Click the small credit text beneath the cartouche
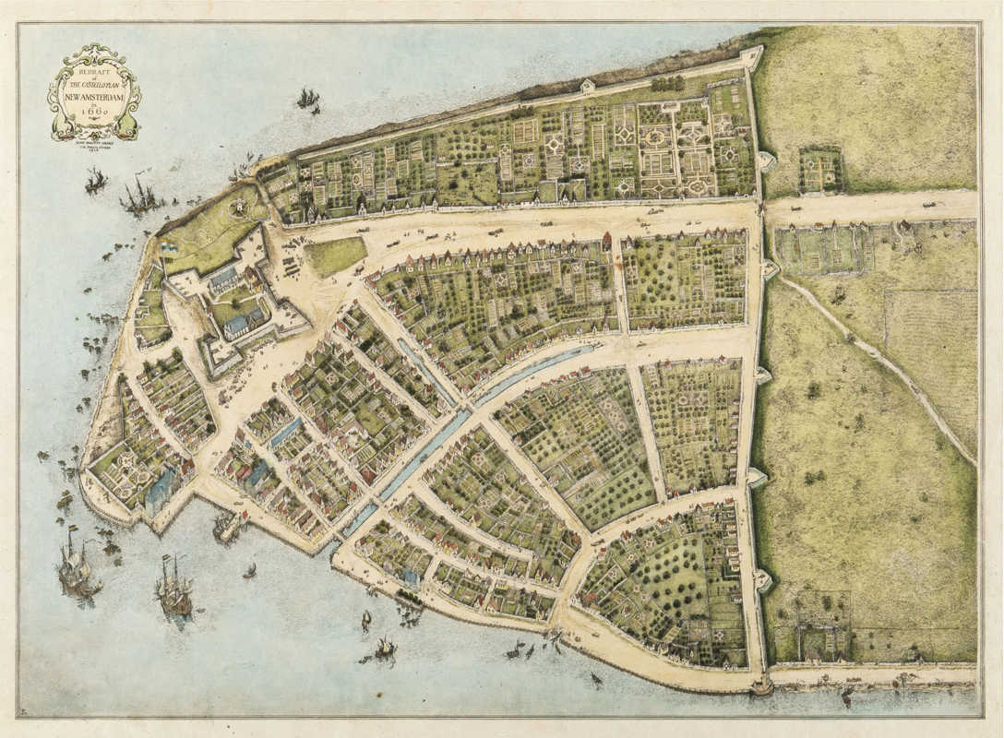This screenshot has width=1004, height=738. pos(93,138)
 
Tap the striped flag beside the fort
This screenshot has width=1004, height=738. pos(169,247)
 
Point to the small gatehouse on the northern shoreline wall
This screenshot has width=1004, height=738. pos(588,86)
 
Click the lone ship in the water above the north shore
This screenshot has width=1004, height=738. pos(307,97)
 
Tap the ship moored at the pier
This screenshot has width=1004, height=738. pos(225,526)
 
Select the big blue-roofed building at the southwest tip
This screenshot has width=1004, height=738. pos(159,489)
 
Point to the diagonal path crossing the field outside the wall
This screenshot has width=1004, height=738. pos(877,360)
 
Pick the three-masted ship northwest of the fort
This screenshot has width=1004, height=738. pos(141,196)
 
